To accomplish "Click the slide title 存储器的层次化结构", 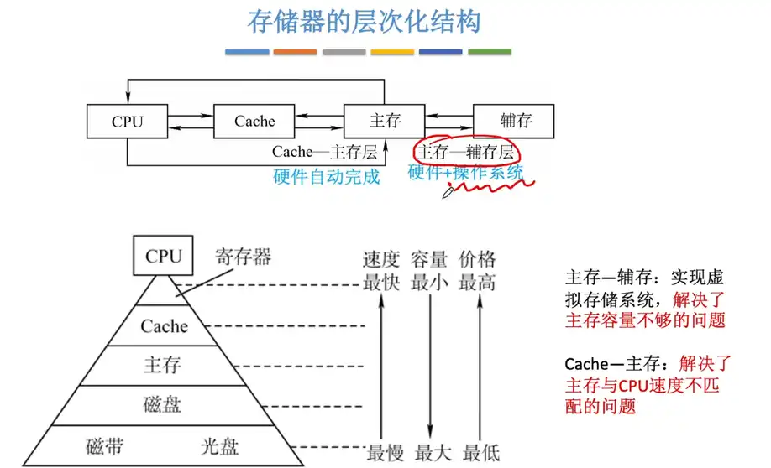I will pos(364,22).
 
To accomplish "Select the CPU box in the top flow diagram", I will pos(127,122).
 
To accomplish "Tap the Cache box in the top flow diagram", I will pos(254,122).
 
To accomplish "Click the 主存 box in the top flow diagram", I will pos(385,122).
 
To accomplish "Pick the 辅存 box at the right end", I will pos(515,122).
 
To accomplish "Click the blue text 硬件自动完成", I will pos(327,176).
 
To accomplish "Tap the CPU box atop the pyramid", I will pos(163,256).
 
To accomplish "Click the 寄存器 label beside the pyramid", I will pos(244,257).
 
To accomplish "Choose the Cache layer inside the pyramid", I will pos(164,325).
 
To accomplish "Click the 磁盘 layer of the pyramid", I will pos(162,406).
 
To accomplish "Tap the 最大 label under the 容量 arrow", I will pos(431,453).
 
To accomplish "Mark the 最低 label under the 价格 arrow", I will pos(480,453).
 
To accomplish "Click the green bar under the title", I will pos(490,52).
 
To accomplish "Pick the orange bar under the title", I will pos(295,52).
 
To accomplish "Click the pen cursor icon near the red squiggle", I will pos(448,193).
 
